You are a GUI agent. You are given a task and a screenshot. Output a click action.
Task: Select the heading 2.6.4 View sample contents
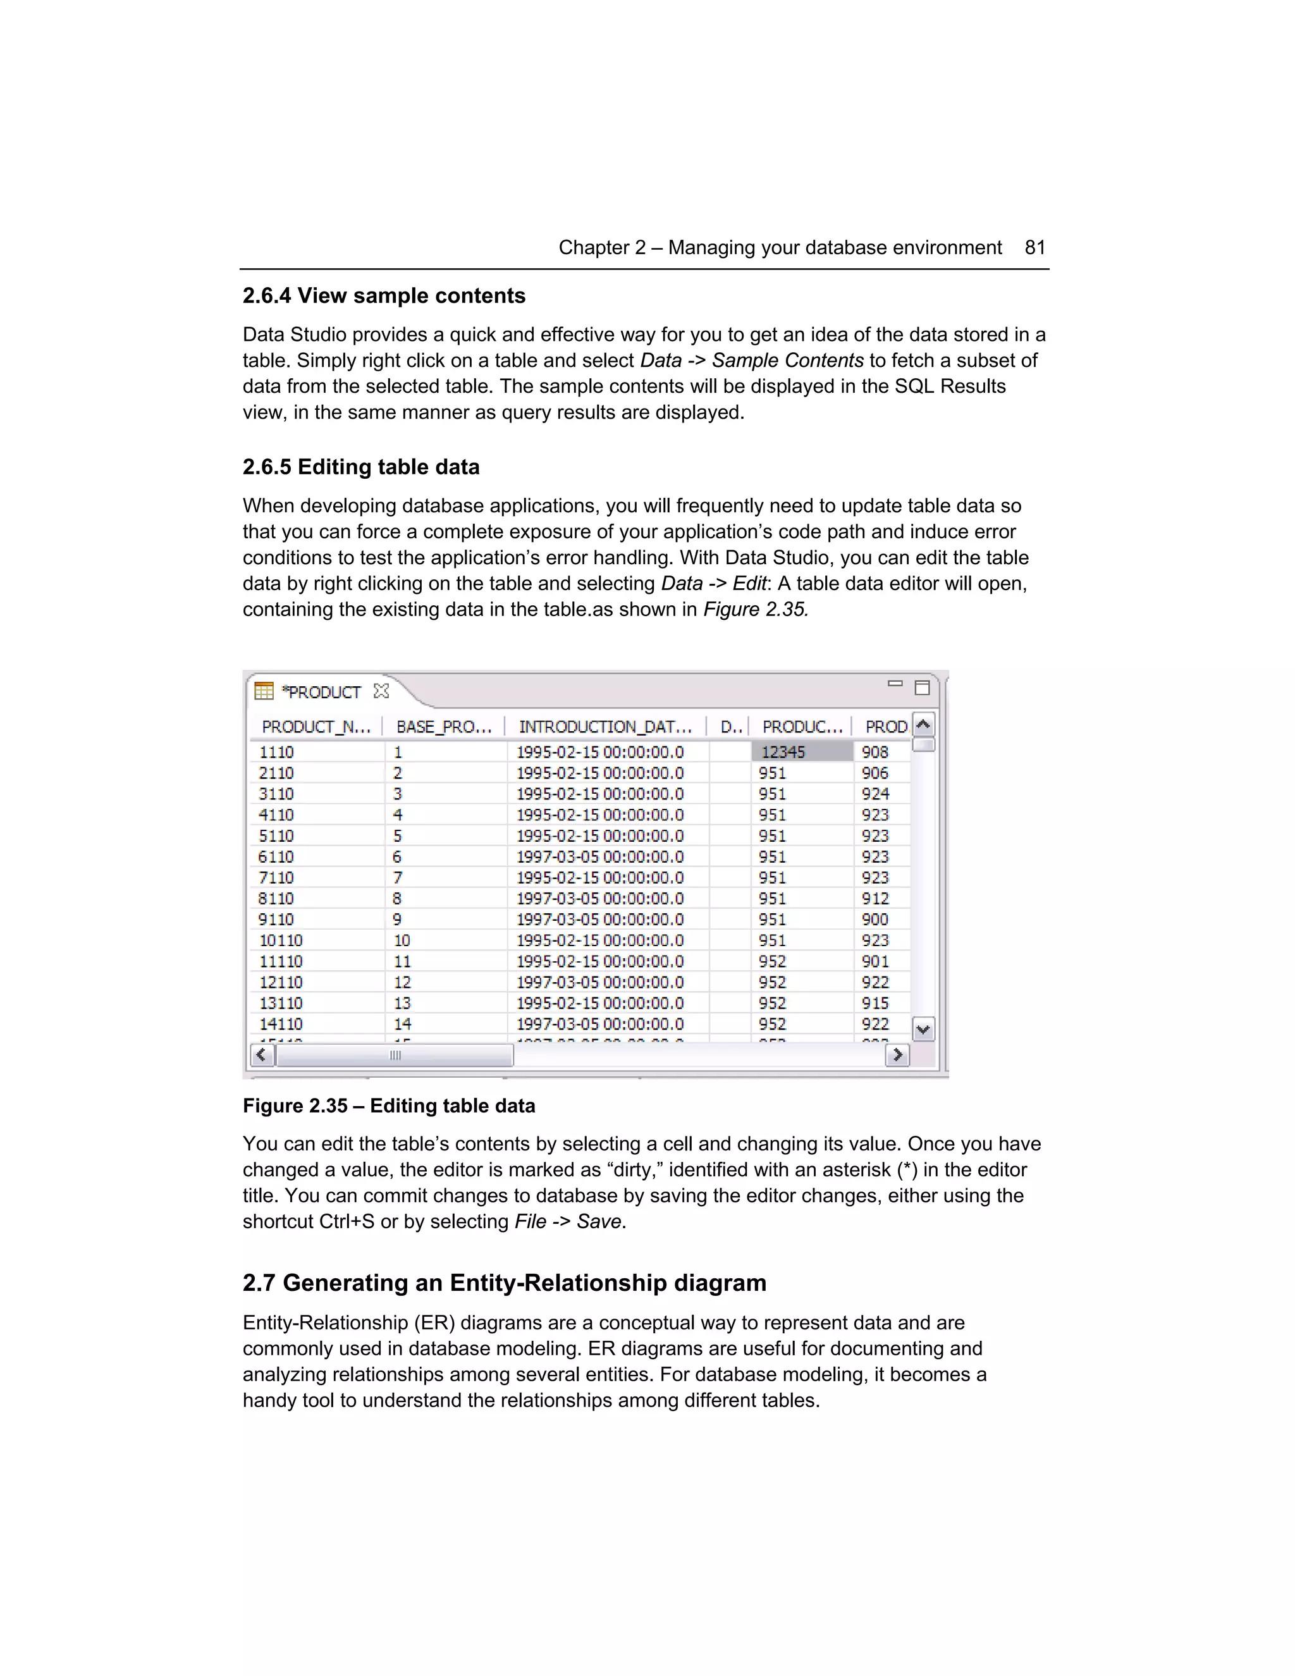pyautogui.click(x=384, y=295)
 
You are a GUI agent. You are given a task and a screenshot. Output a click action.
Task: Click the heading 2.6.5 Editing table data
pyautogui.click(x=360, y=467)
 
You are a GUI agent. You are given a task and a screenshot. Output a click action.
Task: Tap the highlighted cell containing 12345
pyautogui.click(x=801, y=752)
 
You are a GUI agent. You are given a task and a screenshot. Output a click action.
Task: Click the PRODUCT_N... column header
pyautogui.click(x=316, y=726)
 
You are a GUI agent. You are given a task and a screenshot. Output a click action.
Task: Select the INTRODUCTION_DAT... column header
pyautogui.click(x=605, y=726)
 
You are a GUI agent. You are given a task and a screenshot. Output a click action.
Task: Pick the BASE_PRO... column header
pyautogui.click(x=443, y=726)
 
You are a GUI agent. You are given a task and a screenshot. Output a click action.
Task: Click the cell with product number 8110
pyautogui.click(x=276, y=899)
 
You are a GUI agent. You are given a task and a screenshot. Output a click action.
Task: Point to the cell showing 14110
pyautogui.click(x=281, y=1024)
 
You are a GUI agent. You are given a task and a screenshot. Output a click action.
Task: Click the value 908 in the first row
pyautogui.click(x=875, y=752)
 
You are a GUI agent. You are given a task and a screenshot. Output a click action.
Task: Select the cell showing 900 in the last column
pyautogui.click(x=875, y=920)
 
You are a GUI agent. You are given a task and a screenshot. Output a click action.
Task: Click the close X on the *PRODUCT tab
pyautogui.click(x=381, y=691)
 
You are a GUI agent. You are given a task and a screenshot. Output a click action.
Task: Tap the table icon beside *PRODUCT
pyautogui.click(x=263, y=691)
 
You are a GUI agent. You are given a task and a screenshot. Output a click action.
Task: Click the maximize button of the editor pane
pyautogui.click(x=922, y=687)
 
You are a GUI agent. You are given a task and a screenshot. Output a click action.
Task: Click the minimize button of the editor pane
pyautogui.click(x=895, y=684)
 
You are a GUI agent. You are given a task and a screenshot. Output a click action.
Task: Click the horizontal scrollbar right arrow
pyautogui.click(x=897, y=1055)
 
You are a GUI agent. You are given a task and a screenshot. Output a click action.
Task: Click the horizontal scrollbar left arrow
pyautogui.click(x=262, y=1055)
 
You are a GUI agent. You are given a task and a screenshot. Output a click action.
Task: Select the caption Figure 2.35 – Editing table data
pyautogui.click(x=389, y=1106)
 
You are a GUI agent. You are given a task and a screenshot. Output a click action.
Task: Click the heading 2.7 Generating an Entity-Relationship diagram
pyautogui.click(x=504, y=1283)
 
